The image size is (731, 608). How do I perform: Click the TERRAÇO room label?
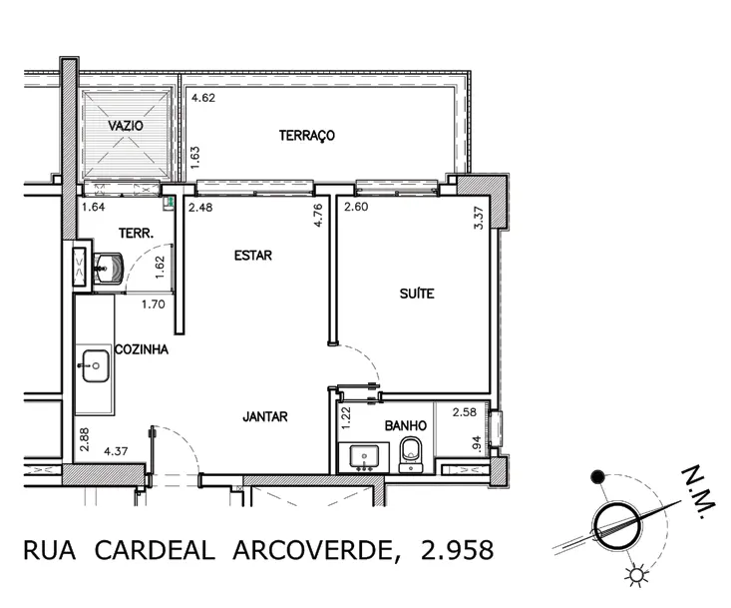click(x=307, y=136)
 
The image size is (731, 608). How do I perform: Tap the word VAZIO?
click(x=126, y=126)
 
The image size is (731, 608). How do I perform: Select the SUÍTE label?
click(x=417, y=294)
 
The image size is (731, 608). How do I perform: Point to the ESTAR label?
click(x=253, y=256)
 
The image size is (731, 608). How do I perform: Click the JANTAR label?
click(x=265, y=416)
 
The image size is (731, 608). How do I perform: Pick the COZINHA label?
click(x=142, y=349)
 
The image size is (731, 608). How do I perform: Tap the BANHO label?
click(x=406, y=425)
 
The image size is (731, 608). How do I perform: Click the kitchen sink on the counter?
click(x=96, y=365)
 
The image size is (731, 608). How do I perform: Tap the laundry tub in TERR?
click(x=109, y=269)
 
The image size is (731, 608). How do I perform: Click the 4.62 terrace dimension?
click(x=203, y=98)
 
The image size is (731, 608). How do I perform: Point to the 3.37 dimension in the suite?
click(x=479, y=218)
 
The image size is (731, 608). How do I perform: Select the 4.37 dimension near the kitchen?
click(x=116, y=451)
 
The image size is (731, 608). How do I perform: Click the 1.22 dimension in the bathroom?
click(x=345, y=417)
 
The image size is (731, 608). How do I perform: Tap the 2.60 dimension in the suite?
click(x=356, y=207)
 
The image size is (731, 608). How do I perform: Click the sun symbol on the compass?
click(x=636, y=575)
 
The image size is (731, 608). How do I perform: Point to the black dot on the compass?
click(x=597, y=476)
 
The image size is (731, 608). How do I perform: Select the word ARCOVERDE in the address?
click(x=314, y=550)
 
